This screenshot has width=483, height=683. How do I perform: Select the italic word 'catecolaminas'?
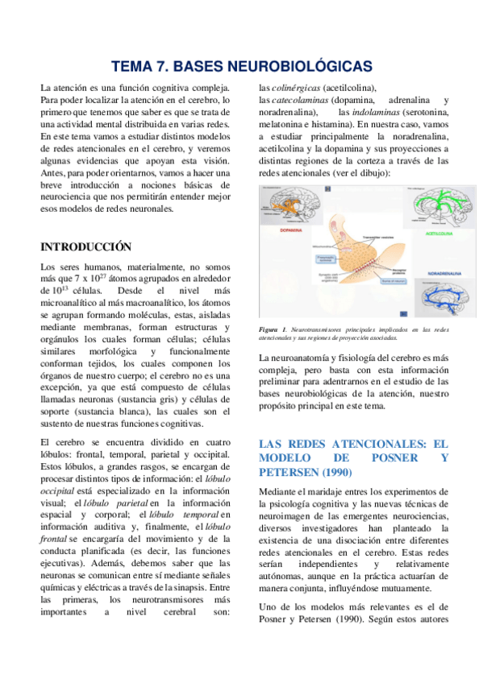[x=302, y=100]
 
